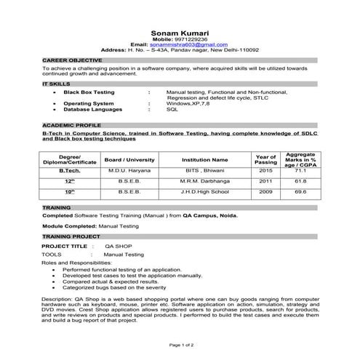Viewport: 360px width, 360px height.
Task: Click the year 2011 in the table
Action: [x=265, y=180]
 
